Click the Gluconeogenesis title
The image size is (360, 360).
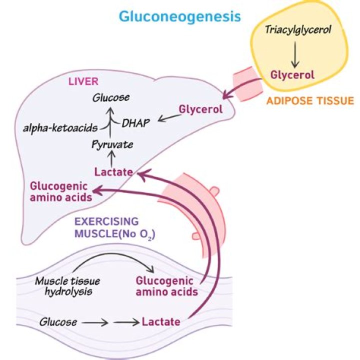coord(179,16)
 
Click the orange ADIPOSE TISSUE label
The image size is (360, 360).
coord(310,101)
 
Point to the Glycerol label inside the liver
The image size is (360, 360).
coord(200,109)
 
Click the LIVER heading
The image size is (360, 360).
coord(83,81)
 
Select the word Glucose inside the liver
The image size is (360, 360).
coord(110,97)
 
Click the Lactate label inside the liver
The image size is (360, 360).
coord(113,172)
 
